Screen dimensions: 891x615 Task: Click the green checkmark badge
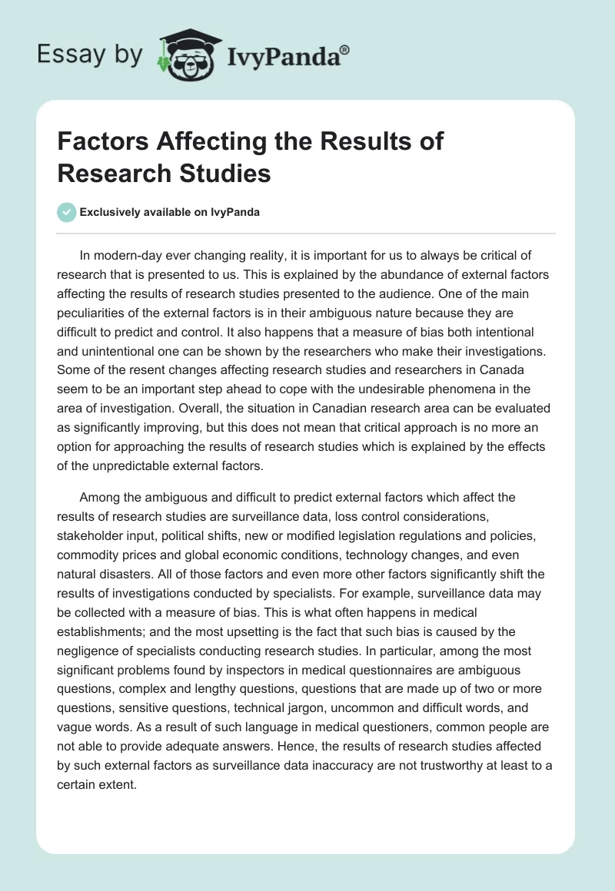tap(67, 213)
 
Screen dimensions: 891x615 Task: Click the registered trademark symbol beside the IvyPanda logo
tap(344, 50)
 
